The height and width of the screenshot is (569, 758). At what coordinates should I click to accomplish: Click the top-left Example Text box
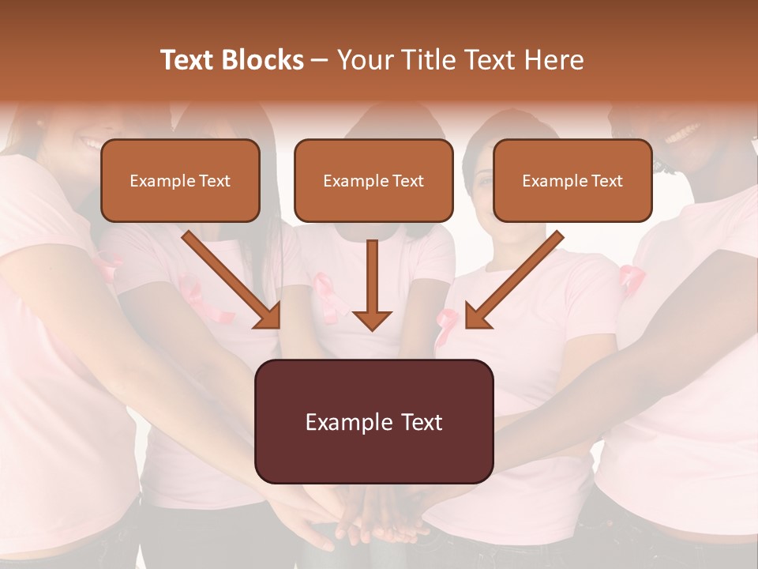[180, 181]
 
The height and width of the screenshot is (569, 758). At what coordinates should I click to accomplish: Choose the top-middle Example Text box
[373, 181]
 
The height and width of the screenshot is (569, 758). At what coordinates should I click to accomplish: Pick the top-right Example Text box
[572, 181]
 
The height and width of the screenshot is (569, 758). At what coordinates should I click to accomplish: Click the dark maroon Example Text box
[373, 422]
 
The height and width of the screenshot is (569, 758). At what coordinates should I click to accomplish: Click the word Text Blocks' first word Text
[187, 60]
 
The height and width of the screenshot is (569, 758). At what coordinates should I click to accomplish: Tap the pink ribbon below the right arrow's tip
[445, 324]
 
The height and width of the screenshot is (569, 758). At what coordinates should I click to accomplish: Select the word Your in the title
[365, 60]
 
